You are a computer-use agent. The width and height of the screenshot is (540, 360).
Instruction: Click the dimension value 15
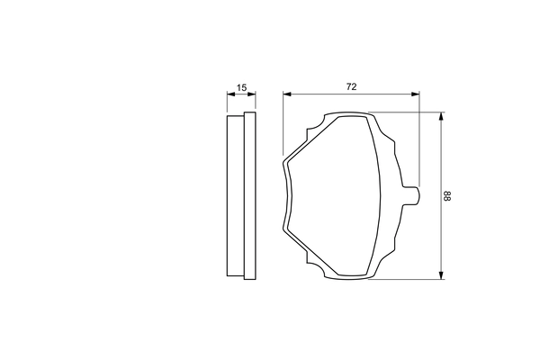(240, 87)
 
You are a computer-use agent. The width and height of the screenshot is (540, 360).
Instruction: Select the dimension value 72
(352, 86)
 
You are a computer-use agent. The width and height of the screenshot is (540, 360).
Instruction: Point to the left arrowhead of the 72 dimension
(286, 94)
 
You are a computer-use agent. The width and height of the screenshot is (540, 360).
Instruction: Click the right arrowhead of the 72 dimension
(416, 94)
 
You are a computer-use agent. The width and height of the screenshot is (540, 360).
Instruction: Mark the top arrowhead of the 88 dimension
(440, 116)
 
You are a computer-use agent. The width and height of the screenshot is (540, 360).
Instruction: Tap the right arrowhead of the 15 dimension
(253, 94)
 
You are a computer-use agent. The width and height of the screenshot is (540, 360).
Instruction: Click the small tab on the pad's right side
(412, 195)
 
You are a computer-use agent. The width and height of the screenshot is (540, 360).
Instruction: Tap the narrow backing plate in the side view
(229, 195)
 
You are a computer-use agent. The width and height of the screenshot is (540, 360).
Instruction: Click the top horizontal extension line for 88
(405, 112)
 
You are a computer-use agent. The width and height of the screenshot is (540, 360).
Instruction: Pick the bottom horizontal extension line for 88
(405, 279)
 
